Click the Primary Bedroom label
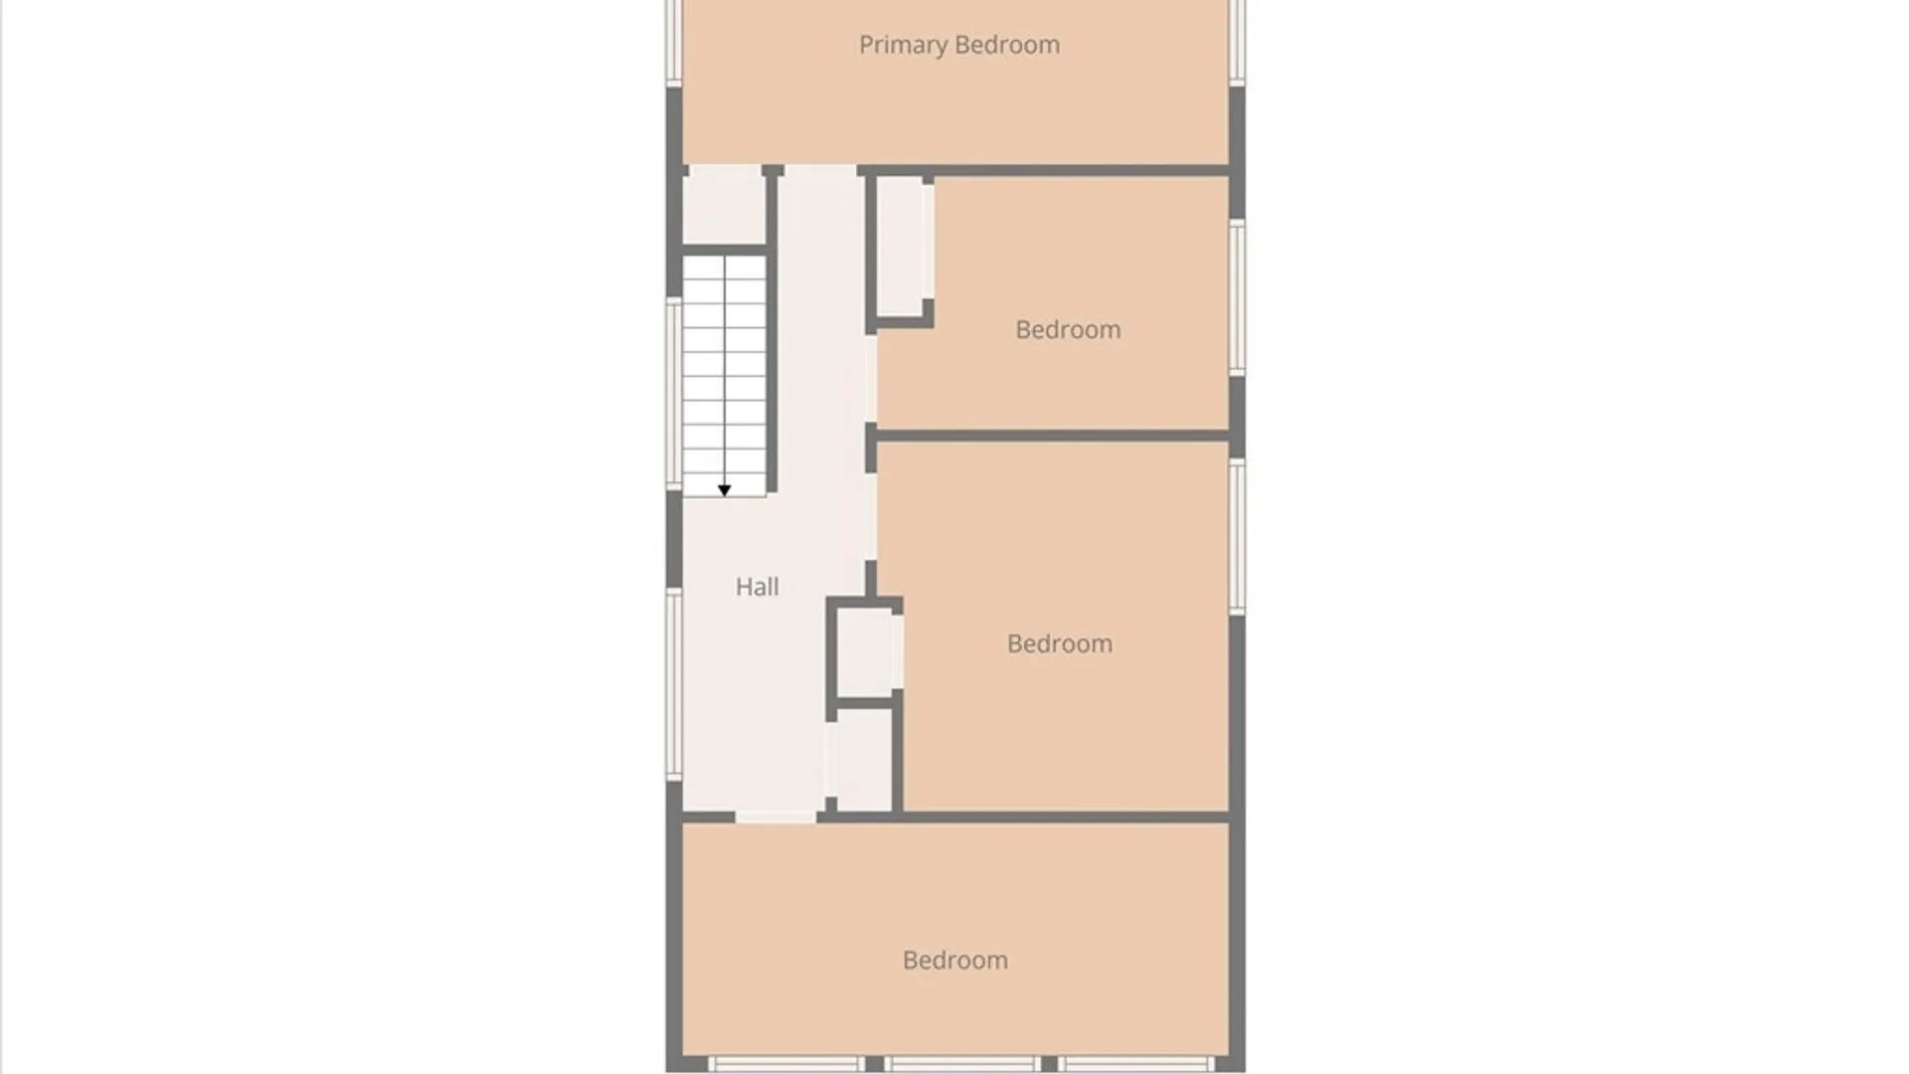958,46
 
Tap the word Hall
757,587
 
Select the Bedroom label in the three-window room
954,960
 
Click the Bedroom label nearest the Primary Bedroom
1068,329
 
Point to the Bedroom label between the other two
1059,643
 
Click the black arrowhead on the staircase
724,490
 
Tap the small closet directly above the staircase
723,205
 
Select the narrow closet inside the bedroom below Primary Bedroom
901,247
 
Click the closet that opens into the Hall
864,760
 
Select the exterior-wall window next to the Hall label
673,684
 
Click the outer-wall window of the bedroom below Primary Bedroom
1237,297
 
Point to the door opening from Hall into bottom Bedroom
776,816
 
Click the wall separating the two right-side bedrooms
1053,436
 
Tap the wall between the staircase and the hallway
772,329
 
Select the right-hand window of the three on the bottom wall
1135,1064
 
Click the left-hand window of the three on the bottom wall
785,1064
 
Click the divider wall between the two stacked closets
865,703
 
